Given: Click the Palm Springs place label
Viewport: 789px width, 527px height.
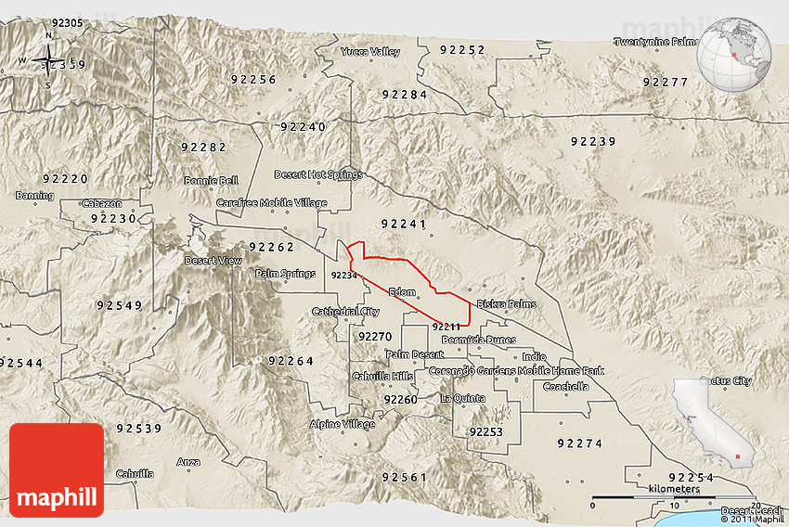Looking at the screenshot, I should (x=285, y=274).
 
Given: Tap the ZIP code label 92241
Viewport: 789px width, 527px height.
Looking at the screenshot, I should (x=404, y=224).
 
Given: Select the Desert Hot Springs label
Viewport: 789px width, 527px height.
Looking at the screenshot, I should (x=318, y=174).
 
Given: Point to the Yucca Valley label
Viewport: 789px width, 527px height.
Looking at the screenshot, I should (x=370, y=52).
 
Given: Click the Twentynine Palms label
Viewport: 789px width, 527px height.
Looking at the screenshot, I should (x=656, y=42).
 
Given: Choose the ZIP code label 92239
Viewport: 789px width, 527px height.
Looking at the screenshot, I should (x=593, y=142).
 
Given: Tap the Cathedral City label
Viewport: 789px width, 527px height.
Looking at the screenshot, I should (x=345, y=311).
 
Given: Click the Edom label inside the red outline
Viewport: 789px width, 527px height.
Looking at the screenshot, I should (x=402, y=292).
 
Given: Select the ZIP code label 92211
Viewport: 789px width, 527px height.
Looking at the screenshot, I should (x=446, y=326).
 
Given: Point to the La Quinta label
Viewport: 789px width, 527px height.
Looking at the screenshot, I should (x=462, y=398).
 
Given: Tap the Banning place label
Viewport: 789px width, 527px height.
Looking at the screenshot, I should (x=34, y=196).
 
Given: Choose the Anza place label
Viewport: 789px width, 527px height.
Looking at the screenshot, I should (x=188, y=461).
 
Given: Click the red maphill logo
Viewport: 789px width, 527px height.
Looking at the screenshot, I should (x=57, y=469).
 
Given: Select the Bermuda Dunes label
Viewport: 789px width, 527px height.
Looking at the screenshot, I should (x=477, y=340).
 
